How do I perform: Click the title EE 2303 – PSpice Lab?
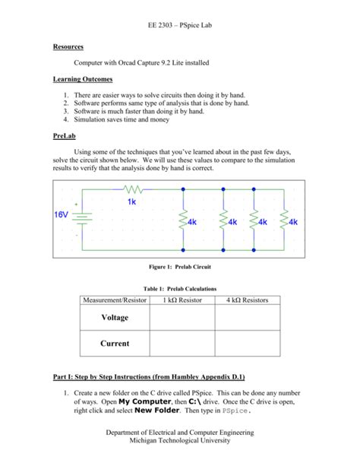179,25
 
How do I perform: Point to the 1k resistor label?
132,201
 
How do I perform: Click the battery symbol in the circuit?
85,217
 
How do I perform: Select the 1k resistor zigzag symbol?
133,189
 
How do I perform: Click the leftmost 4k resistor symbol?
182,220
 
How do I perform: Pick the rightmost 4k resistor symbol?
284,220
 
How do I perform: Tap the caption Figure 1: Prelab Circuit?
179,267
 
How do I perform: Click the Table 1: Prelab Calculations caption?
180,289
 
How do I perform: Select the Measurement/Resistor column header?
114,300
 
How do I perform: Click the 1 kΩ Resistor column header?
181,300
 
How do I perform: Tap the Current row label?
115,343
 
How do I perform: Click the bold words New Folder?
157,410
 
